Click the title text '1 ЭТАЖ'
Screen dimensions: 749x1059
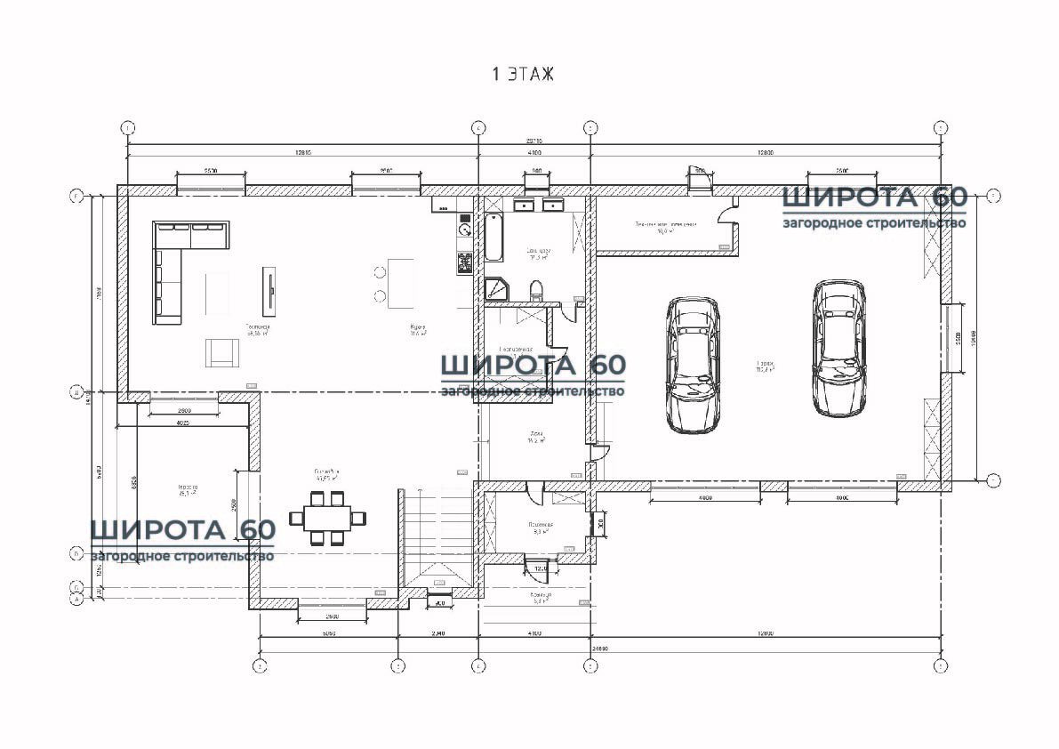tap(523, 75)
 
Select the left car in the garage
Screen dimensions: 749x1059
tap(693, 365)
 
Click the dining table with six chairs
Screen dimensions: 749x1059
tap(326, 517)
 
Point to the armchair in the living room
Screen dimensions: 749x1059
tap(222, 352)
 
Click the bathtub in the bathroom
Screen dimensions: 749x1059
tap(493, 237)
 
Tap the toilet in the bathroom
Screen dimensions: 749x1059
tap(536, 290)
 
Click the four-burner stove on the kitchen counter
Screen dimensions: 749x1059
tap(464, 262)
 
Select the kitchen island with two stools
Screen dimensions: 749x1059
tap(399, 283)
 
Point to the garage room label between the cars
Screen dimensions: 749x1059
tap(765, 366)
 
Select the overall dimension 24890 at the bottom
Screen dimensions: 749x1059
tap(601, 649)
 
